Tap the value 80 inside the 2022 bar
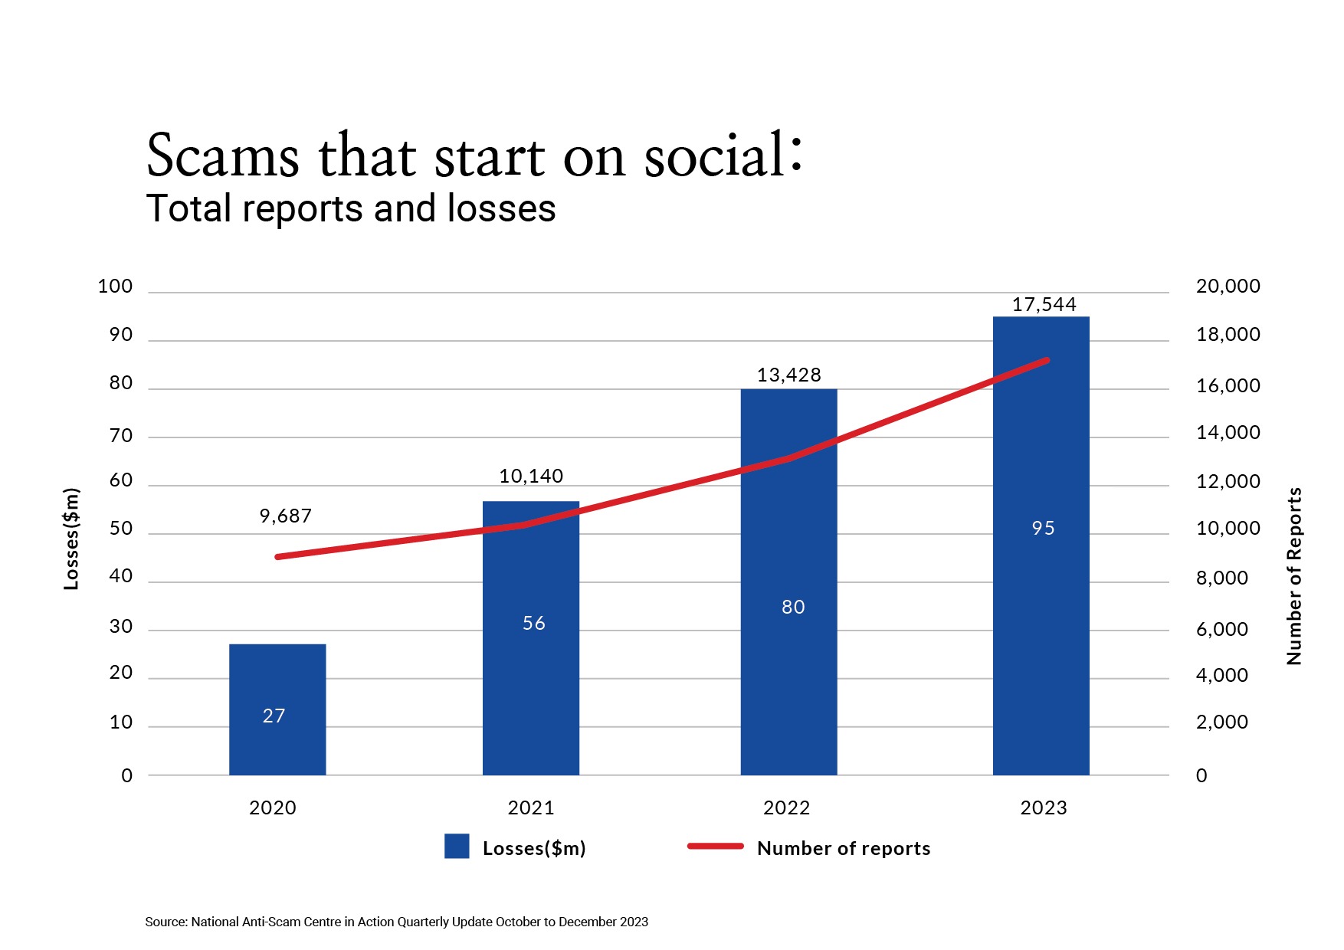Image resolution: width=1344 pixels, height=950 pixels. tap(793, 607)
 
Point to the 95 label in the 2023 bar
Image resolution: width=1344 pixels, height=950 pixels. tap(1043, 528)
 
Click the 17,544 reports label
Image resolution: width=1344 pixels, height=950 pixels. tap(1044, 304)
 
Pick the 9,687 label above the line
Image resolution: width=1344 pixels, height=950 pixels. tap(285, 516)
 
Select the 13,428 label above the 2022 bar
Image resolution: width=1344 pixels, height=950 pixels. tap(788, 375)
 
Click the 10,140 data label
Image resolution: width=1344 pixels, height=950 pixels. tap(531, 476)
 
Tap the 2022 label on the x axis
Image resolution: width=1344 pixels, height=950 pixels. tap(786, 807)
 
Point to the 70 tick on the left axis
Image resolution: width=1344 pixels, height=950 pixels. tap(121, 436)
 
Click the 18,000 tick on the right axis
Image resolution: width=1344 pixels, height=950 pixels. tap(1228, 335)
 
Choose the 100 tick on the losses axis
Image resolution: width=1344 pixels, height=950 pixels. tap(116, 287)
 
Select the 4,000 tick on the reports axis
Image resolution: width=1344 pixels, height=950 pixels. tap(1221, 675)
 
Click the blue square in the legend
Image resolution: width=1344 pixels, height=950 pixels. tap(457, 847)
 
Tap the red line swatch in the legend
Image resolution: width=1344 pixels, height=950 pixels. tap(715, 847)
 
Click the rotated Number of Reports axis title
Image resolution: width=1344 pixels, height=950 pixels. tap(1294, 576)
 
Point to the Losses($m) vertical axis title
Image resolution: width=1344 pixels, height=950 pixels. tap(70, 539)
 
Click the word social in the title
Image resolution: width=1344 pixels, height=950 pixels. tap(714, 156)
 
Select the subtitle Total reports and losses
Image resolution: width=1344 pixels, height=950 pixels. tap(350, 208)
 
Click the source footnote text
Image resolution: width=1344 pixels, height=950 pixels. tap(396, 922)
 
